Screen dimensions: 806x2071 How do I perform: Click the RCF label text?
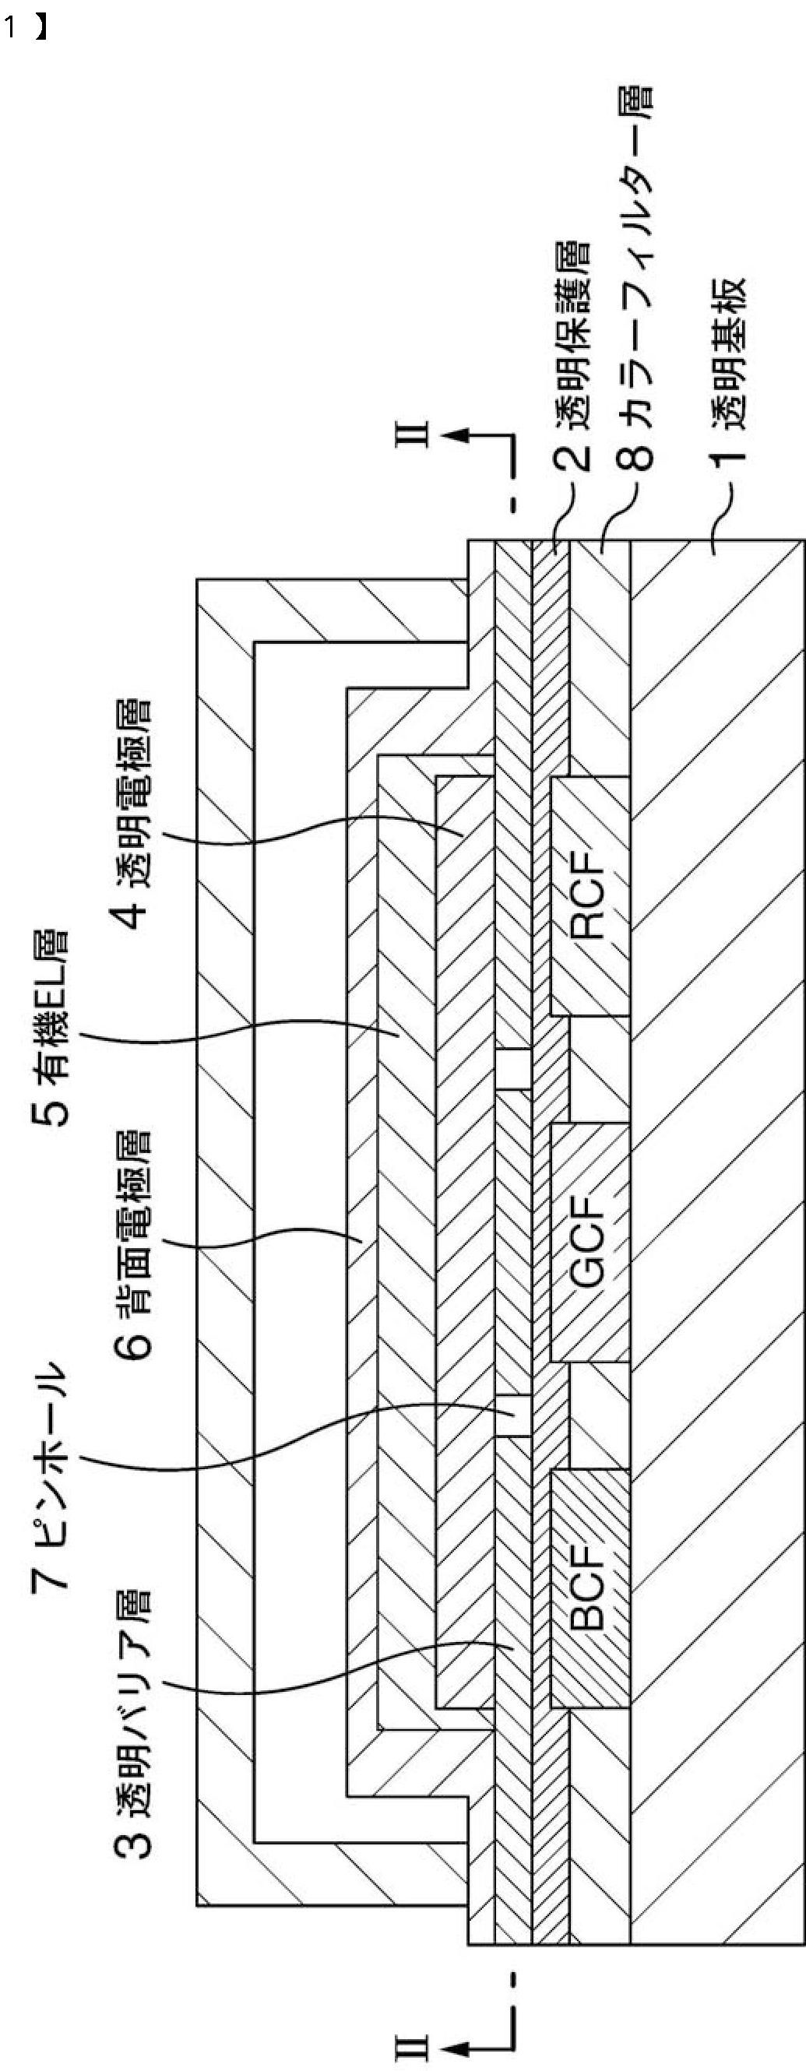coord(587,896)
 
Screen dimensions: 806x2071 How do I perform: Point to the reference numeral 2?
coord(572,455)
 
